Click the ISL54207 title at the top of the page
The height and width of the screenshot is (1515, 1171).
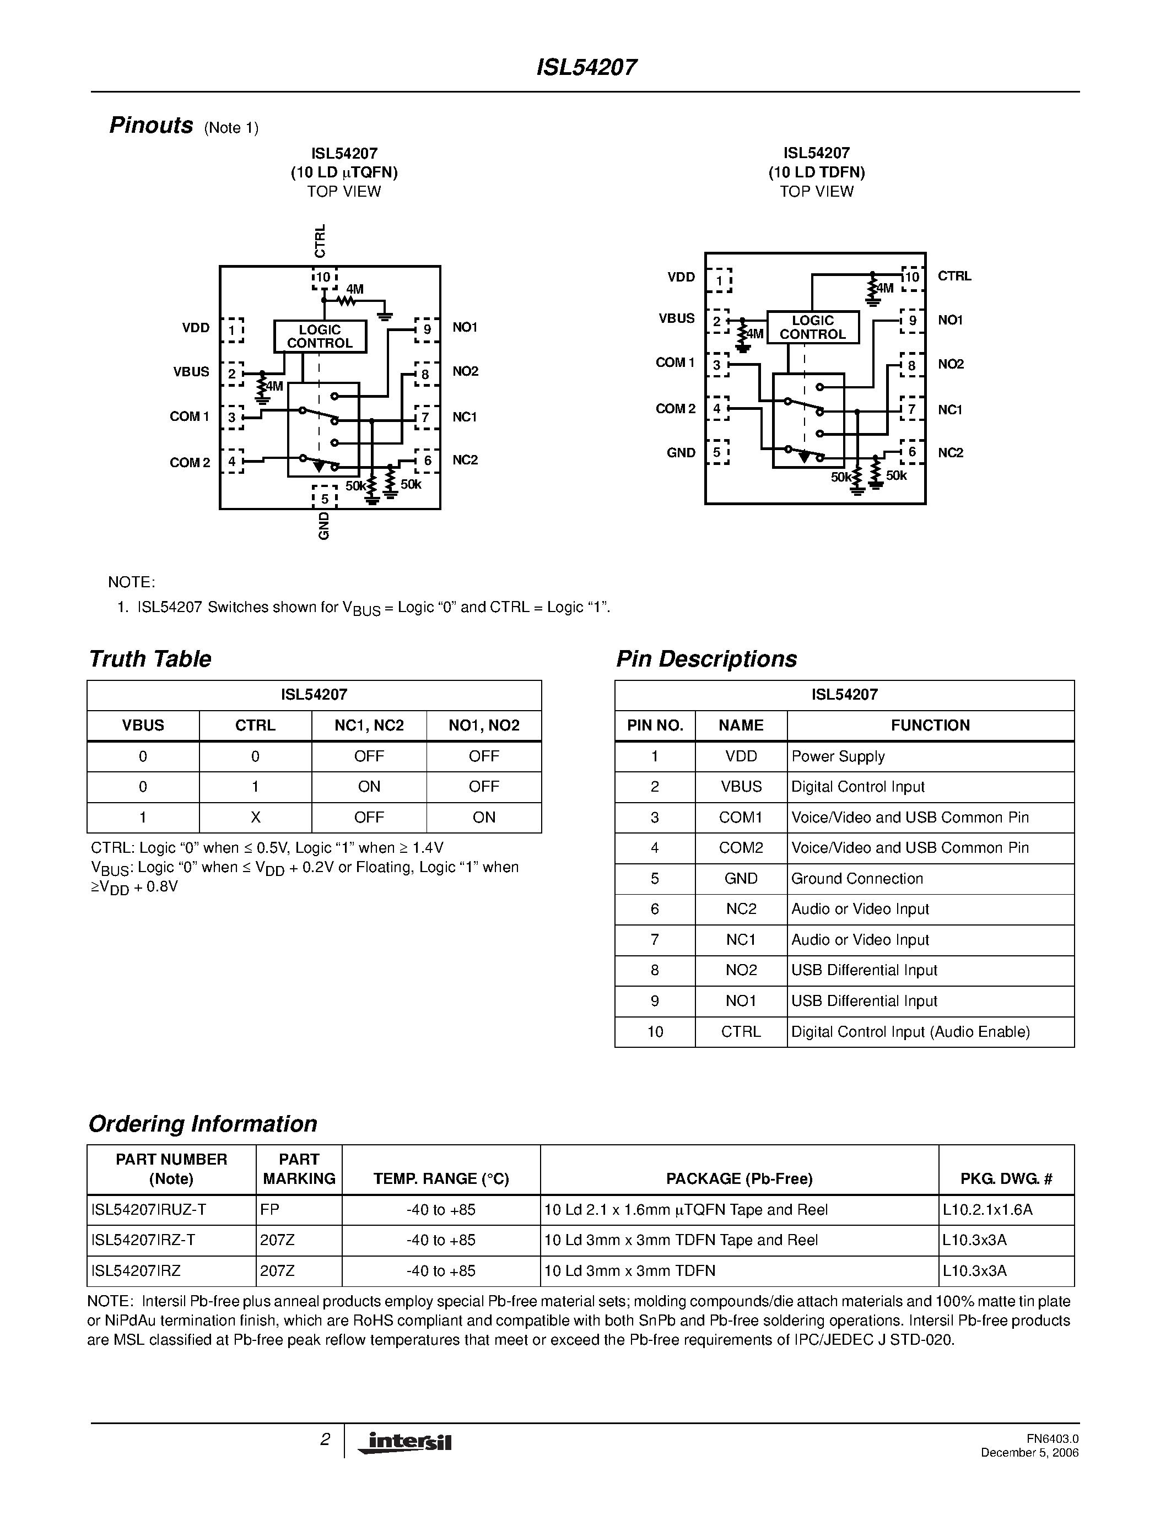click(x=586, y=67)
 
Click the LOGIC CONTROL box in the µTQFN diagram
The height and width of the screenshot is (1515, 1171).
click(x=320, y=337)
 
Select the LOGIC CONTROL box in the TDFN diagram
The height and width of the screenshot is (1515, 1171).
click(x=812, y=327)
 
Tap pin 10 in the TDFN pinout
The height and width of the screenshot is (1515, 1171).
click(x=911, y=277)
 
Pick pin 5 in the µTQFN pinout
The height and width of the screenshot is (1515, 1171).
click(x=324, y=498)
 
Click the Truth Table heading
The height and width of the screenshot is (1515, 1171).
click(x=150, y=659)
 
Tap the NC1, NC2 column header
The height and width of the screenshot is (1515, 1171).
click(x=369, y=726)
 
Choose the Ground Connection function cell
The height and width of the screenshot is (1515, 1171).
click(x=857, y=879)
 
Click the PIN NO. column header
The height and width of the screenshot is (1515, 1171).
click(x=655, y=726)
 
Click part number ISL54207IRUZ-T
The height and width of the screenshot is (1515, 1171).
click(x=148, y=1210)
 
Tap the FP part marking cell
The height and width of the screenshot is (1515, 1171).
click(x=270, y=1210)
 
